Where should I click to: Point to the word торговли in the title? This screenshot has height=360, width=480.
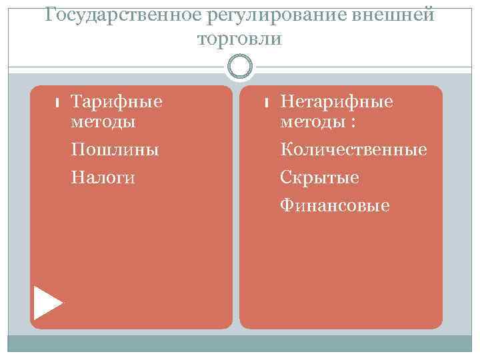click(x=240, y=39)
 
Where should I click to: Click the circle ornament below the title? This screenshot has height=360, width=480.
click(x=240, y=66)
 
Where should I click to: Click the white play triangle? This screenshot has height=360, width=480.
click(x=47, y=302)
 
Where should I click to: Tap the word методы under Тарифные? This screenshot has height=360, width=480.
click(x=103, y=121)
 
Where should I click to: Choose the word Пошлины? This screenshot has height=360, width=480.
click(x=115, y=149)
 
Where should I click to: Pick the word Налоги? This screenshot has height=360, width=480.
click(x=103, y=177)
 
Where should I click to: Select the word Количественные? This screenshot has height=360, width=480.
click(x=353, y=149)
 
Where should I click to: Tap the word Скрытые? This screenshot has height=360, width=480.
click(x=319, y=177)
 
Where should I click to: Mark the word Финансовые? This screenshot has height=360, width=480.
click(x=335, y=206)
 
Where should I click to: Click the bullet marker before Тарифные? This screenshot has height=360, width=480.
click(x=57, y=103)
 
